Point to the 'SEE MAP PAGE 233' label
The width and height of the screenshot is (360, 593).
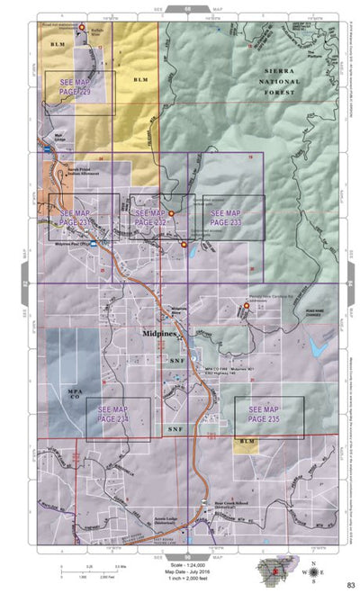click(x=225, y=217)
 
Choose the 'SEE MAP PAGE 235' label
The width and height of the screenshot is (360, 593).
click(x=268, y=415)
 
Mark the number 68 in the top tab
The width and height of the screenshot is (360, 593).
click(x=187, y=7)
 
